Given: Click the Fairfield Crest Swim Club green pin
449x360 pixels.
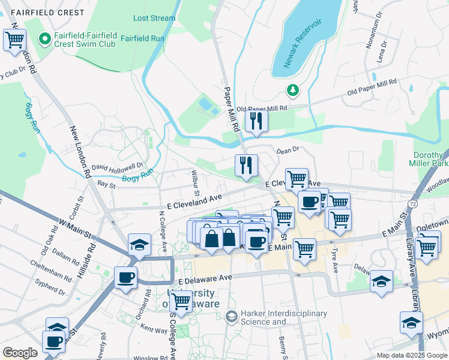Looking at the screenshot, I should pos(44,39).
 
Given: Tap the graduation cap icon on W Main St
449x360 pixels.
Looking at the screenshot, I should pos(139,245).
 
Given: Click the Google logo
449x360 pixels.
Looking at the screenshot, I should pos(20,352).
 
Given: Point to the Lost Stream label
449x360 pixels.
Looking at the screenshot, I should pos(154,18).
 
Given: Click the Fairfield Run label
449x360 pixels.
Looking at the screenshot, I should pos(142,37).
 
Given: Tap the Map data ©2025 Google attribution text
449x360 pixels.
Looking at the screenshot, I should pos(411,355).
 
